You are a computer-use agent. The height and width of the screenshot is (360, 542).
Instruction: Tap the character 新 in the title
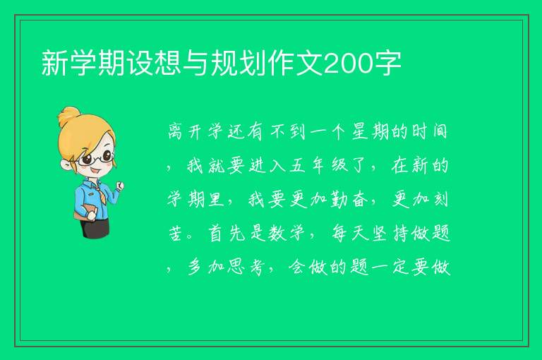(55, 63)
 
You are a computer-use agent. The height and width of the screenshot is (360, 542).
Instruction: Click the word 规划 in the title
(239, 63)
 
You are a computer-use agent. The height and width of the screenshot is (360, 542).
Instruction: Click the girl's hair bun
(68, 116)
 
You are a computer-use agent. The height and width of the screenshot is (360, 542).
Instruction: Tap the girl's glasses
(95, 158)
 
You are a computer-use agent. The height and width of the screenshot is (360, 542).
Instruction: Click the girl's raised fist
(120, 186)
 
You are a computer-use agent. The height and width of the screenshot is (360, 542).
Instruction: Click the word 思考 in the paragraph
(246, 267)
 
